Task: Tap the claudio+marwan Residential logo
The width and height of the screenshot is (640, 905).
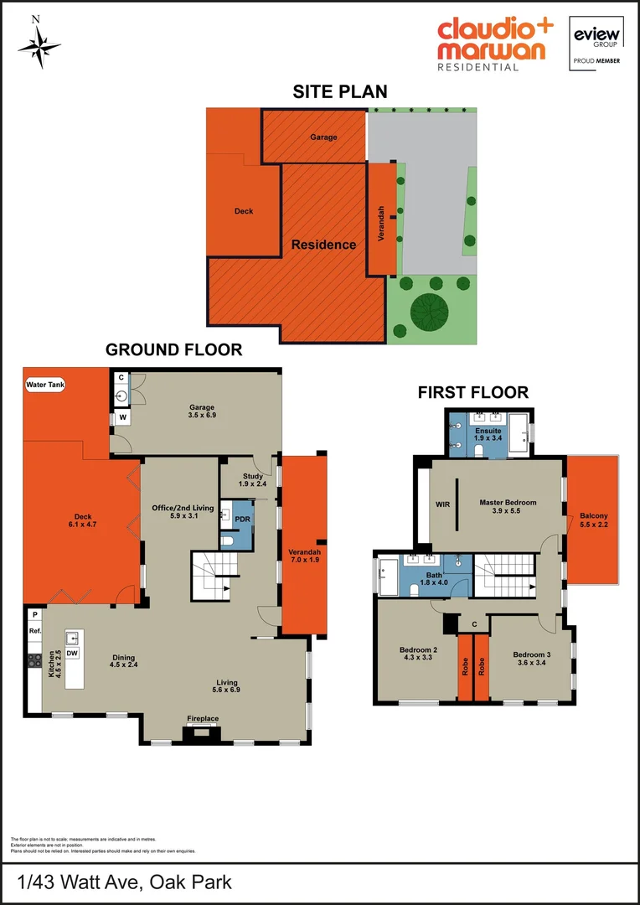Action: (494, 44)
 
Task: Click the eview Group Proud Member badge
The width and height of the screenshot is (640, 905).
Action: (596, 44)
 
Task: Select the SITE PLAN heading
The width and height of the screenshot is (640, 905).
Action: (339, 92)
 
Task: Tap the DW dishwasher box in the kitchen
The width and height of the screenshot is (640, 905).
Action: (72, 653)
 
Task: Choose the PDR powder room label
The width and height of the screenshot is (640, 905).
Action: (240, 519)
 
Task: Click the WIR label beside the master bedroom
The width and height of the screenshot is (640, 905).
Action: (443, 504)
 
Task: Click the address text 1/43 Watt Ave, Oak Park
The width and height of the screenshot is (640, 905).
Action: (125, 882)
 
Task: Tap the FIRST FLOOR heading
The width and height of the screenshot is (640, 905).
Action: (473, 392)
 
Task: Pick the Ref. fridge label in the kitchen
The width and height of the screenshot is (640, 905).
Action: (35, 630)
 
